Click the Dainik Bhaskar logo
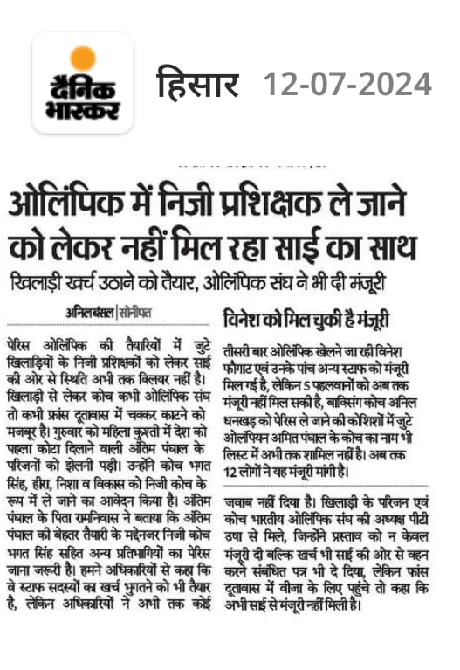pyautogui.click(x=83, y=84)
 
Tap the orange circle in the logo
pyautogui.click(x=83, y=59)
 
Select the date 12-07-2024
pyautogui.click(x=347, y=85)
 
